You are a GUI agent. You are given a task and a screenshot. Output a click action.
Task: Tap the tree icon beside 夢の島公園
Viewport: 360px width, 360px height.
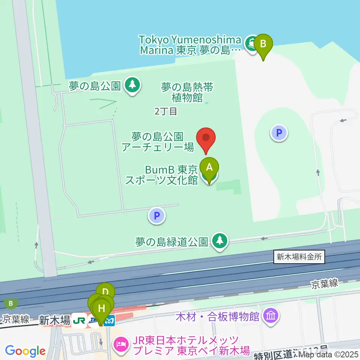click(x=132, y=85)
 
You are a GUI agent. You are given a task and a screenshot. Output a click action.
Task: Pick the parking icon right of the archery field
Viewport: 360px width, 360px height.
click(x=279, y=132)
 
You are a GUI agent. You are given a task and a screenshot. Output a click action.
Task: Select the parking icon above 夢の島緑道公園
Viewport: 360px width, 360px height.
click(x=157, y=216)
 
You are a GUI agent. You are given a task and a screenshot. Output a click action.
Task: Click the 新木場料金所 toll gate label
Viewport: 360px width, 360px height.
click(x=299, y=257)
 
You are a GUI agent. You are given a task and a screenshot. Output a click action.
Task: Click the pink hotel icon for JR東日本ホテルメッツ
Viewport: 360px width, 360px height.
click(x=121, y=343)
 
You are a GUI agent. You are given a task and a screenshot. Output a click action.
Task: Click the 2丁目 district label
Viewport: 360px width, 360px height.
click(x=165, y=111)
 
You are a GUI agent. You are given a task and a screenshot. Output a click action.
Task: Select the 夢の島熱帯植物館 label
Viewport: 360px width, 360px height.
click(x=187, y=93)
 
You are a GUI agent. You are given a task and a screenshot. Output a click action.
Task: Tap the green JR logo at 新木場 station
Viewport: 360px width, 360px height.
click(x=79, y=321)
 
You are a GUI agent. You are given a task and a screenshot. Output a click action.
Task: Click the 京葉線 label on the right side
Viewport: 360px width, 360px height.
click(x=325, y=284)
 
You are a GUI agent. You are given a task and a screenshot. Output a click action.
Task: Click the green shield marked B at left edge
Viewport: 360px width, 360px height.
click(x=11, y=303)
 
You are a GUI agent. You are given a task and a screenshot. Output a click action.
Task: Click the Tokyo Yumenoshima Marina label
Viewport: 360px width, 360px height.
click(x=189, y=45)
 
